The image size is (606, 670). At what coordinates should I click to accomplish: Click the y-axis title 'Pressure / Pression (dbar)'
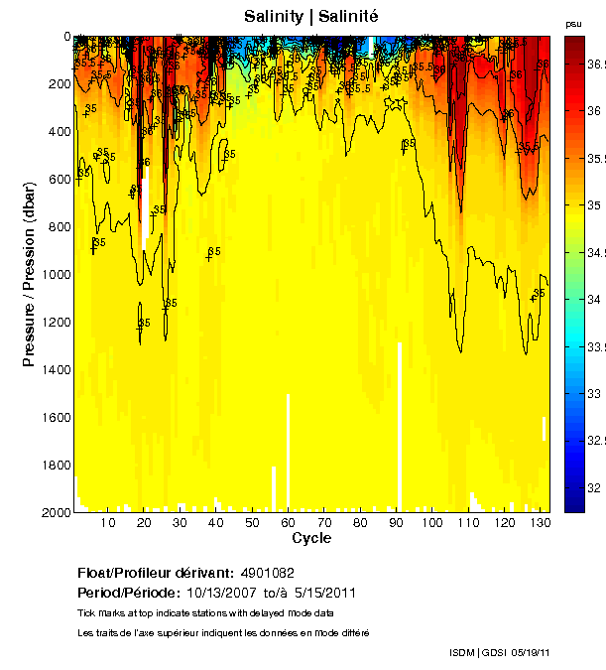tap(29, 274)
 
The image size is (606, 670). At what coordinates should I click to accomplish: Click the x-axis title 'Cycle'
tap(311, 538)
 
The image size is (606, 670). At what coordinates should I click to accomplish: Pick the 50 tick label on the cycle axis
tap(252, 523)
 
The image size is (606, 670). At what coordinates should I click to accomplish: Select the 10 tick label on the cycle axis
tap(108, 523)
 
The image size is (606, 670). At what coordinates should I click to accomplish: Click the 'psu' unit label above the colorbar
tap(573, 23)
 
